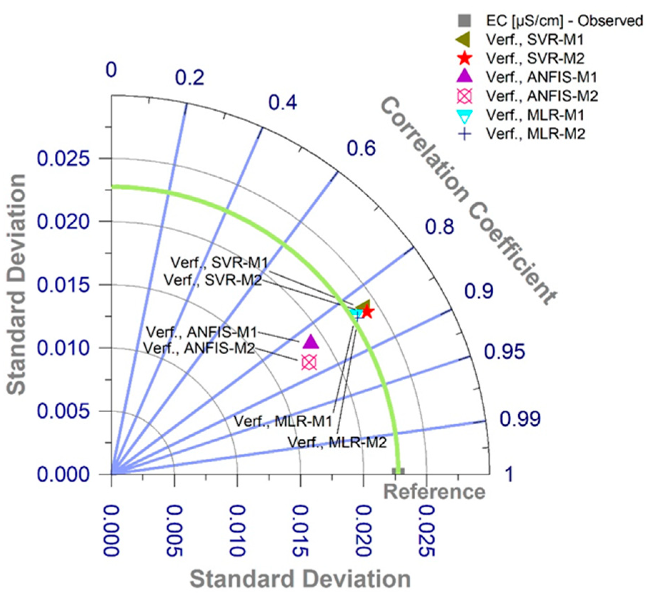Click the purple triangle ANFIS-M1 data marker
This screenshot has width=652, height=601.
click(311, 342)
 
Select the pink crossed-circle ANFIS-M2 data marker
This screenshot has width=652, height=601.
click(309, 362)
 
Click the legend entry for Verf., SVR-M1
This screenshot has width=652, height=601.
click(534, 39)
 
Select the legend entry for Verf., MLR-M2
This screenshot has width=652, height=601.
click(535, 134)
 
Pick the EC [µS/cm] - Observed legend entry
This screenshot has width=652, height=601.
click(564, 21)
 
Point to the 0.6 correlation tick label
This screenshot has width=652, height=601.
click(361, 148)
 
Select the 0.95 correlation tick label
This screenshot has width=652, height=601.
click(504, 351)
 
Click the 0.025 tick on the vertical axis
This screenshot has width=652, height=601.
click(63, 158)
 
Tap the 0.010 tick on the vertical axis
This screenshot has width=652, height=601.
click(63, 348)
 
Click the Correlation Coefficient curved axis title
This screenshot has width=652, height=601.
click(468, 200)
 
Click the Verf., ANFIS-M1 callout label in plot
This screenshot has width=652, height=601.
click(201, 332)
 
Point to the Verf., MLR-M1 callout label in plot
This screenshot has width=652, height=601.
click(283, 421)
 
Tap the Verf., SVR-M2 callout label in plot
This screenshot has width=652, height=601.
click(213, 280)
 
